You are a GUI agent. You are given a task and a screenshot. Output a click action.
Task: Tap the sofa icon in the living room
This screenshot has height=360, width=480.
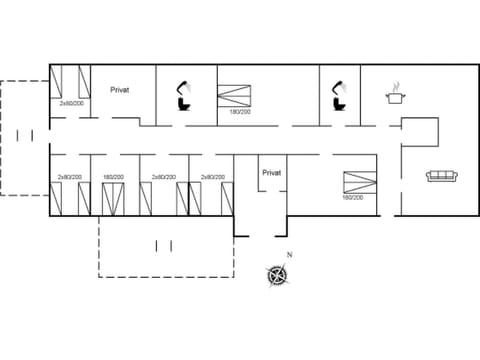pyautogui.click(x=442, y=176)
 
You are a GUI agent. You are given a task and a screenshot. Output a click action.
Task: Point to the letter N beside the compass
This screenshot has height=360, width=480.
pyautogui.click(x=290, y=256)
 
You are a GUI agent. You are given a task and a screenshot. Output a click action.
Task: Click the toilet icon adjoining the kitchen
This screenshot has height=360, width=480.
pyautogui.click(x=338, y=101)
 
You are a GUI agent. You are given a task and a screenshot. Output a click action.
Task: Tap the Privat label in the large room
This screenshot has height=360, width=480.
pyautogui.click(x=121, y=89)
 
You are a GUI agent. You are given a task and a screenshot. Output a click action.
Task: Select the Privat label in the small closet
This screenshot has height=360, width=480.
pyautogui.click(x=272, y=172)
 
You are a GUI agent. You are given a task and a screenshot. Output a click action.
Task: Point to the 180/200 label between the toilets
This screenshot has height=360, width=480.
pyautogui.click(x=240, y=112)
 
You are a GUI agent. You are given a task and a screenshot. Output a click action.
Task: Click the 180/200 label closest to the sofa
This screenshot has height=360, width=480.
pyautogui.click(x=352, y=197)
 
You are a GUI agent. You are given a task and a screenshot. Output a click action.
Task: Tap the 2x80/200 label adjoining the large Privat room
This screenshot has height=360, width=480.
pyautogui.click(x=70, y=103)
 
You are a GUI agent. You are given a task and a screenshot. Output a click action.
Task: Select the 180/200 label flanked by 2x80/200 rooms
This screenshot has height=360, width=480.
pyautogui.click(x=113, y=176)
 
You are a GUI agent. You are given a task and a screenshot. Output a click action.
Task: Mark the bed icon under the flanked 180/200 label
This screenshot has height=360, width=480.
pyautogui.click(x=114, y=199)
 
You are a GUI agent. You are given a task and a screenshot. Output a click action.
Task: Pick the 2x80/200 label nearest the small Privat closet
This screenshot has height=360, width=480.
pyautogui.click(x=212, y=176)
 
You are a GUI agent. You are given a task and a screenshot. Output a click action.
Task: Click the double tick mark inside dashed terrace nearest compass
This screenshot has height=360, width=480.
pyautogui.click(x=165, y=245)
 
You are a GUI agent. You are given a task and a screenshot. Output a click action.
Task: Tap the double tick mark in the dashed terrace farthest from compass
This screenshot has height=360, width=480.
pyautogui.click(x=25, y=135)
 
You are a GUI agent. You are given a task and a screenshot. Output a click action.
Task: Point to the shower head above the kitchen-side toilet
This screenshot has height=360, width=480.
pyautogui.click(x=341, y=83)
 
